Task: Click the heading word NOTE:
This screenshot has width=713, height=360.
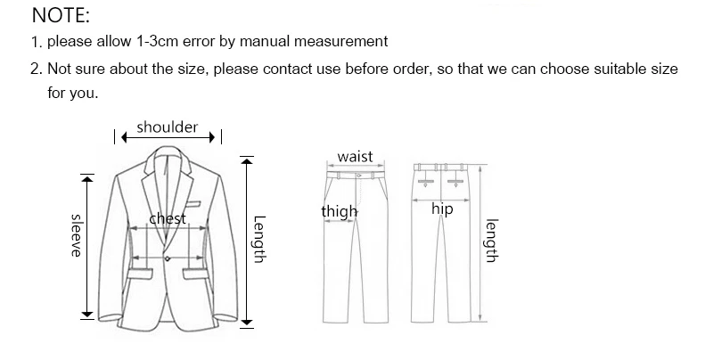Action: (61, 15)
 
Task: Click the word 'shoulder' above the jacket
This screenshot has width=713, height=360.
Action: (168, 128)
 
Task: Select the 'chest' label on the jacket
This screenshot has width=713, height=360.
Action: (168, 219)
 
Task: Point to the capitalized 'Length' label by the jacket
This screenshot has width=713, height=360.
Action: (259, 239)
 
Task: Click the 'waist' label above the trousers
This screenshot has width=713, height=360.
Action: (355, 157)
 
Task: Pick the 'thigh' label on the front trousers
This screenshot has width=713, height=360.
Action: (339, 211)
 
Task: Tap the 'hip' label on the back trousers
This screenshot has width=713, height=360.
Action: (442, 209)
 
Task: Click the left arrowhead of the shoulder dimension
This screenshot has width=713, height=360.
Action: (126, 137)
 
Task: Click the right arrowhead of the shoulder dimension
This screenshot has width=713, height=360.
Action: (211, 137)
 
